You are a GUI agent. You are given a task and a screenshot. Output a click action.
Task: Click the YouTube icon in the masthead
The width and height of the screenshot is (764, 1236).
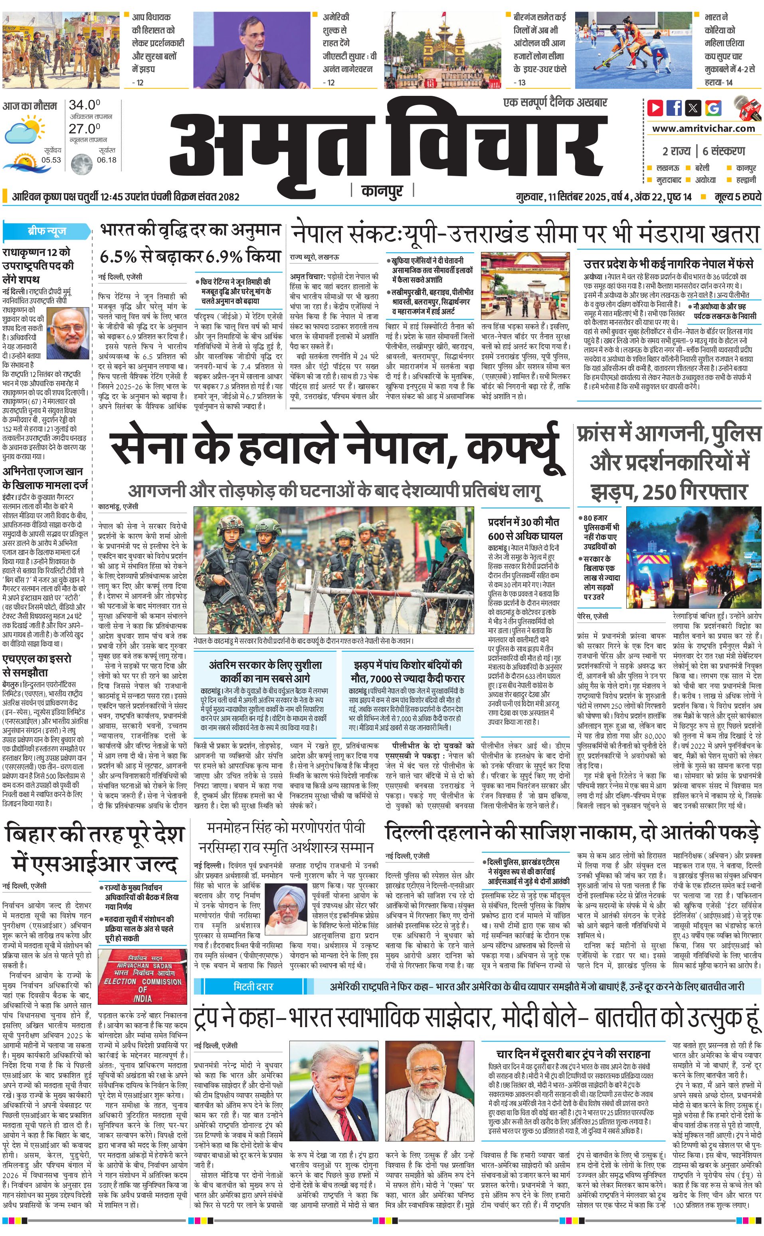655,108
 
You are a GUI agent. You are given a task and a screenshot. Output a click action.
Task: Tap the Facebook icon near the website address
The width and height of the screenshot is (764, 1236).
674,108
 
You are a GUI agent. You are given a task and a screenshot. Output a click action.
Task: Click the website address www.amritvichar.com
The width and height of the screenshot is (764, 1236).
703,129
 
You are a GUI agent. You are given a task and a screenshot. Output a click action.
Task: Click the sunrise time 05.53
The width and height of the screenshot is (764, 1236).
51,160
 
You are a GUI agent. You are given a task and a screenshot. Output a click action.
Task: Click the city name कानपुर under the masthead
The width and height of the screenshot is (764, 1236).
382,191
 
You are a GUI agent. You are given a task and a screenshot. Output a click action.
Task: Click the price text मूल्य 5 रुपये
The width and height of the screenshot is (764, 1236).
737,196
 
